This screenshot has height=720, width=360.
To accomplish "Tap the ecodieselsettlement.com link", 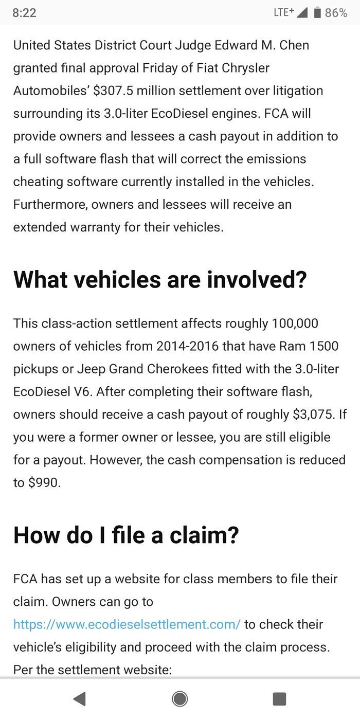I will [127, 624].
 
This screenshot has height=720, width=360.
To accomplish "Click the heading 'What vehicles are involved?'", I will [159, 280].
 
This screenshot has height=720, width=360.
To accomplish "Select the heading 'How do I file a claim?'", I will [126, 535].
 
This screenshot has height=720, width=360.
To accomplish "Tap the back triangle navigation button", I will [79, 698].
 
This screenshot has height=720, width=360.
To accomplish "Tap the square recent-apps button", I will [279, 698].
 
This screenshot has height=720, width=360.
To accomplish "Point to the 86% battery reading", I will [336, 13].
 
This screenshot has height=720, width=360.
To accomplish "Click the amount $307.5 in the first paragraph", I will [115, 91].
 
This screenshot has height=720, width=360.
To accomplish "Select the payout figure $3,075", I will [314, 415].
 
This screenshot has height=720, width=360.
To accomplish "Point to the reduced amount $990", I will [44, 483].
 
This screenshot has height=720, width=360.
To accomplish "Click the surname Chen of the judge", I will [295, 45].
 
